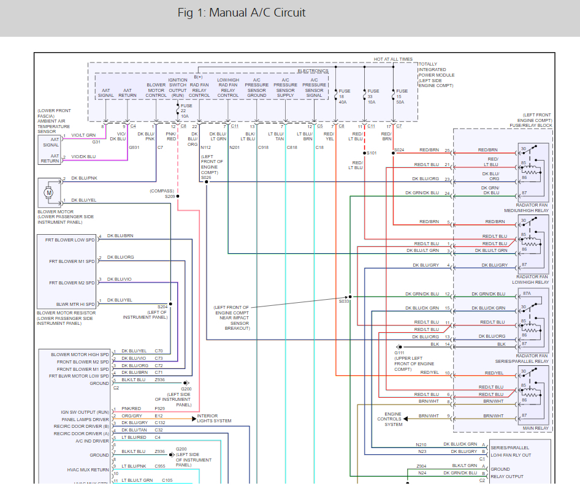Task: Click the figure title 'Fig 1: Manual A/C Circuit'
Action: pos(242,13)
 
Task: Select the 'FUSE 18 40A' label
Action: pos(343,96)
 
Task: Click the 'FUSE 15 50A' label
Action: pos(402,96)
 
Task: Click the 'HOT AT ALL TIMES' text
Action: pos(393,59)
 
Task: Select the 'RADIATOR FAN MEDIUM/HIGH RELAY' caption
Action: pos(526,208)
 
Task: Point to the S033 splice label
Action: pos(343,302)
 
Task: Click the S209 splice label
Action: pos(170,196)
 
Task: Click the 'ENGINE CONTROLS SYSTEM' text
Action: pos(394,419)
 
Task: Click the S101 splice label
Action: pos(372,153)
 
